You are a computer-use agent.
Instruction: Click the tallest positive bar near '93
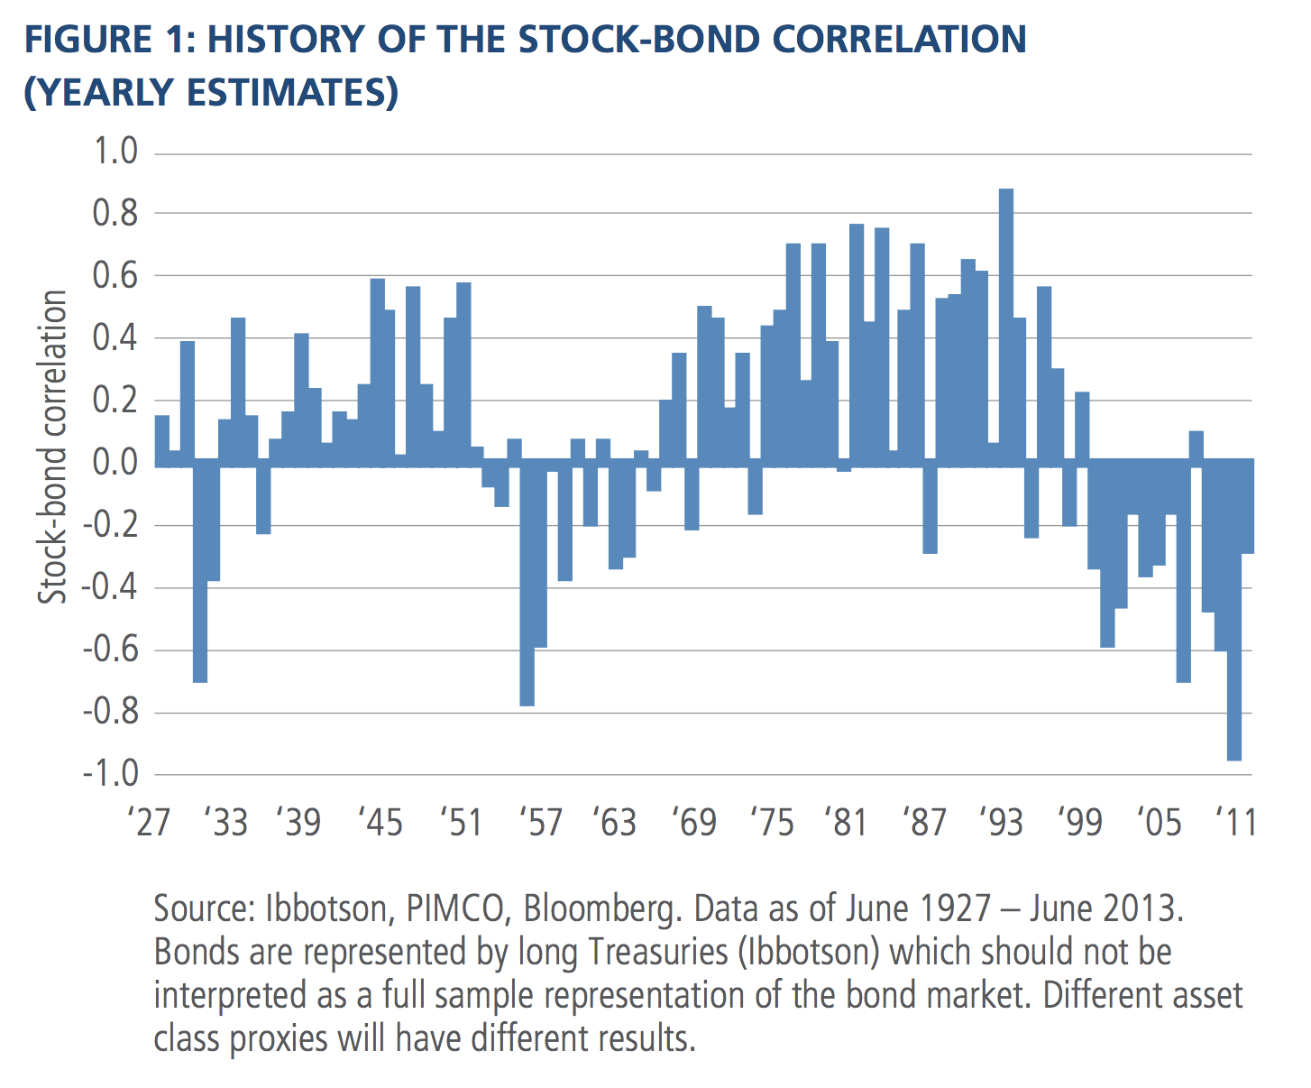pyautogui.click(x=1006, y=325)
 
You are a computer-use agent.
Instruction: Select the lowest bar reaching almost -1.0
pyautogui.click(x=1233, y=613)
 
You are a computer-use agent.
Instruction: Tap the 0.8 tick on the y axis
pyautogui.click(x=116, y=214)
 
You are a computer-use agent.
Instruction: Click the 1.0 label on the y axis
pyautogui.click(x=116, y=152)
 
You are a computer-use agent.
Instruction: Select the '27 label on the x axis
pyautogui.click(x=149, y=822)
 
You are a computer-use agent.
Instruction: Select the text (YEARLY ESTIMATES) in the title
pyautogui.click(x=210, y=92)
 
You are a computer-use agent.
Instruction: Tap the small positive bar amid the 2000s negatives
pyautogui.click(x=1196, y=446)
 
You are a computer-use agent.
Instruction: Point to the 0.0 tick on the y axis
pyautogui.click(x=116, y=463)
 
